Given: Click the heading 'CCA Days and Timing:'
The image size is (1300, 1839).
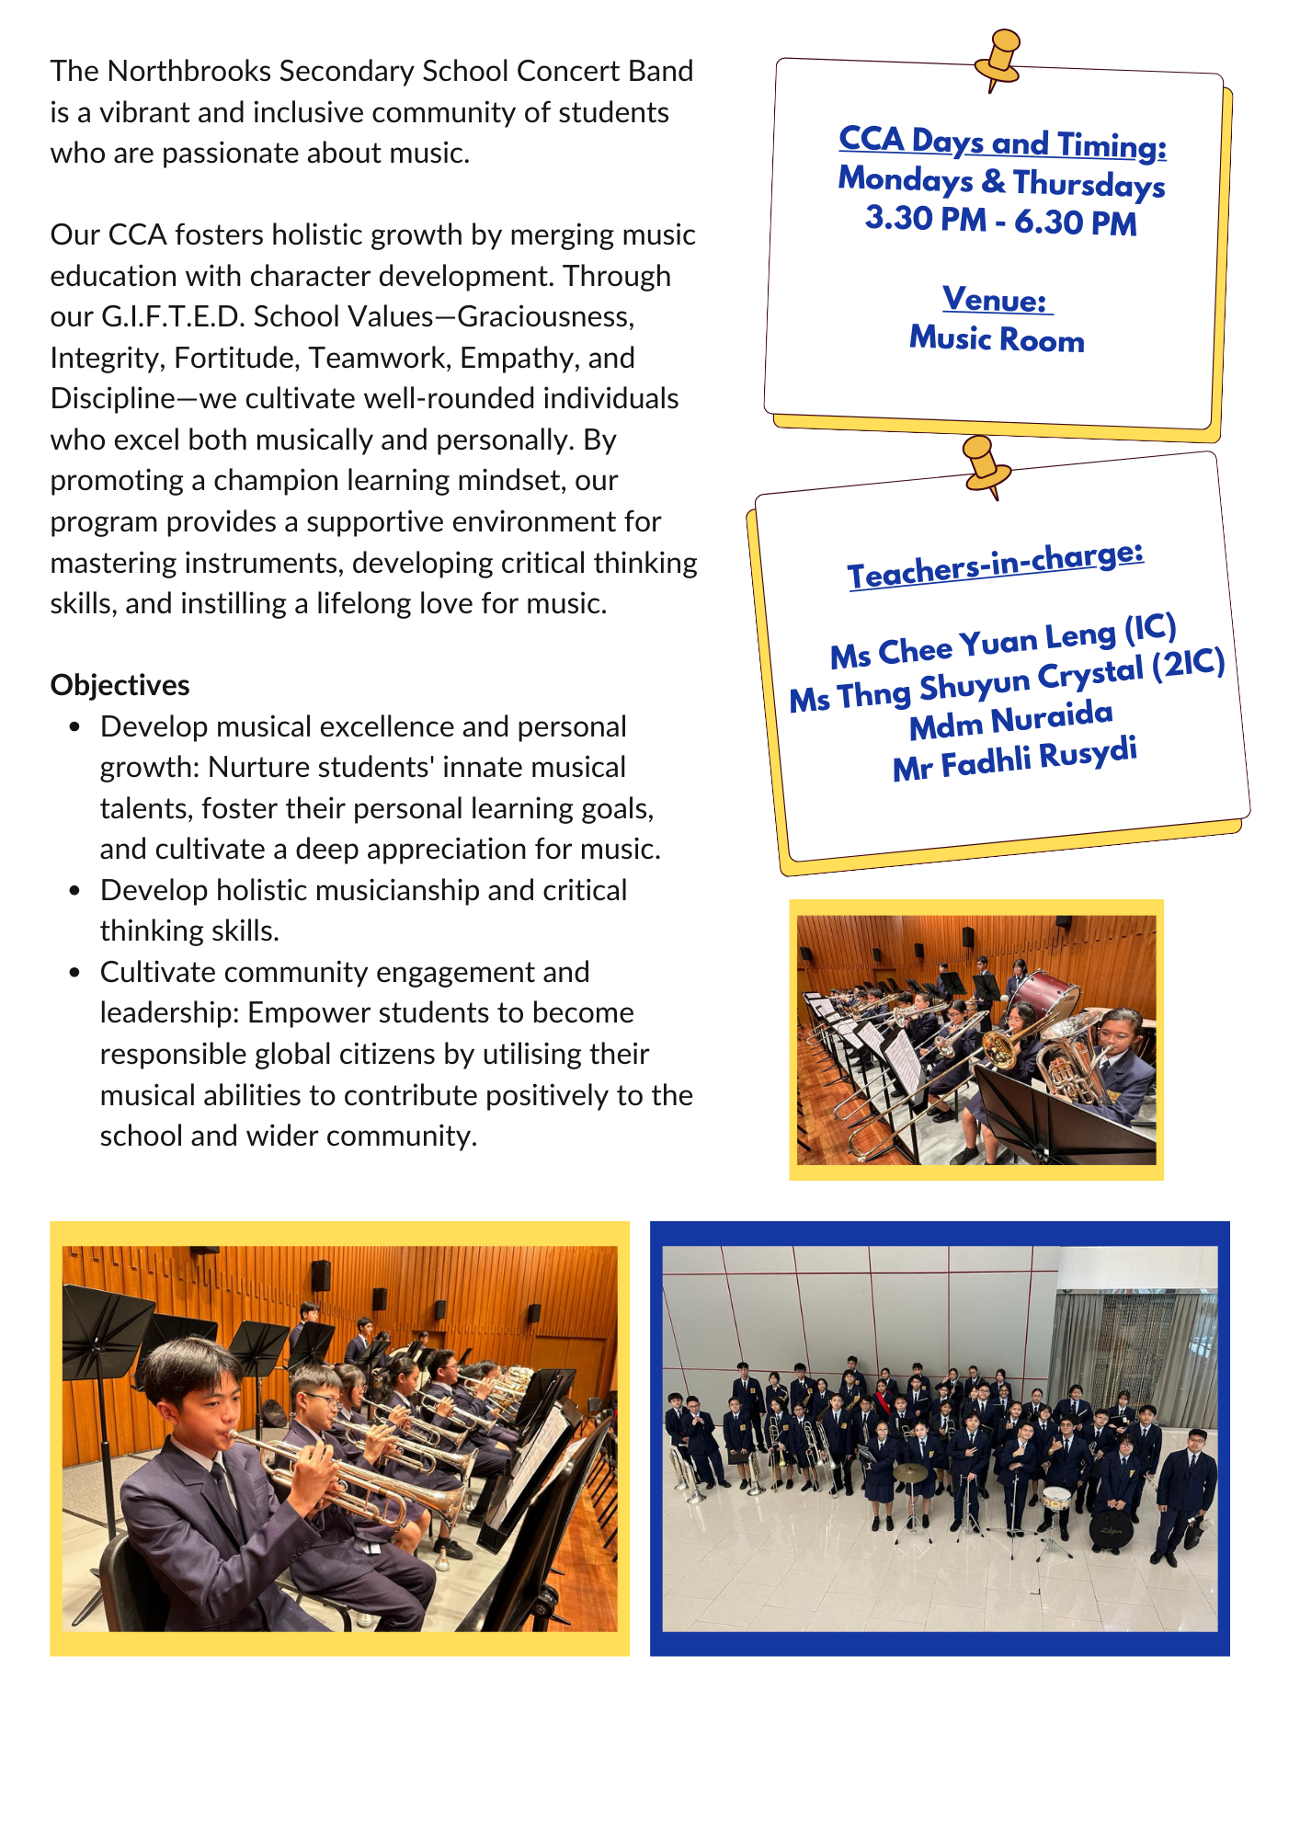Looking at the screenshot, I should [1002, 143].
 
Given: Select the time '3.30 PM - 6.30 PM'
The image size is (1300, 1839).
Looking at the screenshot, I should [1000, 221].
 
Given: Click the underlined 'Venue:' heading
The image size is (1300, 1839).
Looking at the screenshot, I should [996, 300].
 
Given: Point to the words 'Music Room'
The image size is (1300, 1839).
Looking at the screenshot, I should [997, 339].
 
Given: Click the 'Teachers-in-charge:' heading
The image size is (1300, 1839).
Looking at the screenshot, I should [996, 565].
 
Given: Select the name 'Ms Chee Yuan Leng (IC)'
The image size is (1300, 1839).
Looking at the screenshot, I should [1003, 641].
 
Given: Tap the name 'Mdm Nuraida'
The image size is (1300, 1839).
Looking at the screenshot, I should [1010, 720].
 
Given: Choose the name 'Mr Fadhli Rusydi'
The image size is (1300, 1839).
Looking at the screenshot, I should [1015, 759].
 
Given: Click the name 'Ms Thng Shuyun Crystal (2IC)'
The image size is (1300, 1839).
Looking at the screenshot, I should [1007, 680].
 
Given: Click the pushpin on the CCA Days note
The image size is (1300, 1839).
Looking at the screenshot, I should [998, 57].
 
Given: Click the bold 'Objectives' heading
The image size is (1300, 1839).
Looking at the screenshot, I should [120, 685].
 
